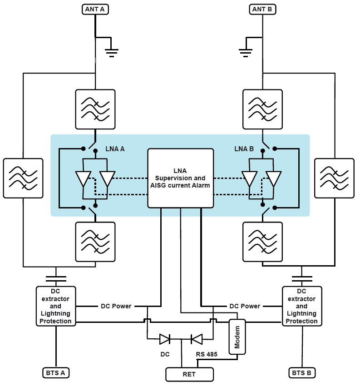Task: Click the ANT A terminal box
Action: pos(95,9)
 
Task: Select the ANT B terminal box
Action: pos(263,9)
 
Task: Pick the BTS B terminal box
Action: pos(302,373)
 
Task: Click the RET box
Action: pos(189,375)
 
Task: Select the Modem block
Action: pos(237,337)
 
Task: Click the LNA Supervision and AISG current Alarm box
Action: pos(180,178)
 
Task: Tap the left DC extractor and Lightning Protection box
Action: pos(56,306)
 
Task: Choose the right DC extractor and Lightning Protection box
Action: pos(302,306)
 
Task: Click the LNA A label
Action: pos(115,148)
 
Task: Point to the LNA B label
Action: pos(244,148)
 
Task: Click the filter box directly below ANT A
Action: pos(95,109)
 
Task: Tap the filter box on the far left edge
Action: pos(23,178)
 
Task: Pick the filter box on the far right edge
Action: pos(334,178)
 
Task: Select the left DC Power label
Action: pos(116,306)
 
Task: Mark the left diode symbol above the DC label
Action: pos(164,339)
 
